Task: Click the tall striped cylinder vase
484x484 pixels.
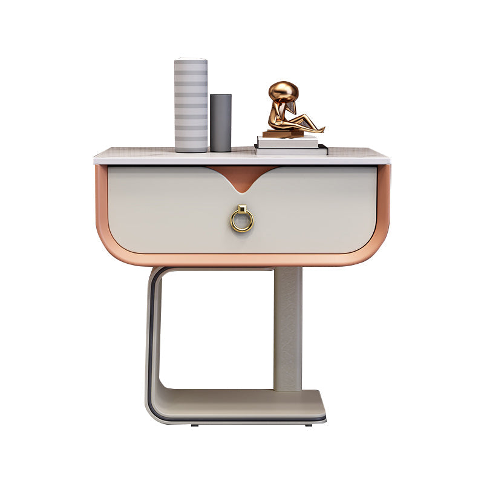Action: [191, 106]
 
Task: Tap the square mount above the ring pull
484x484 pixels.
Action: [241, 209]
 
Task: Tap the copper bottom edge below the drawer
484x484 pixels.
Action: [242, 260]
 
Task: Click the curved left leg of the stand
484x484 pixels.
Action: [152, 333]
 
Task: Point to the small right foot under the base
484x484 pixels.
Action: [309, 425]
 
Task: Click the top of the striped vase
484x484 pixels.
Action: [191, 60]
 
